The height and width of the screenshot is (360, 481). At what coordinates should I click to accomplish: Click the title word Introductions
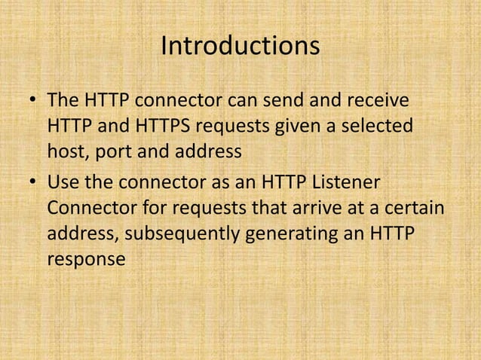[240, 47]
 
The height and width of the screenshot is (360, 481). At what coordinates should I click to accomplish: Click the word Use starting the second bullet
[63, 183]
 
